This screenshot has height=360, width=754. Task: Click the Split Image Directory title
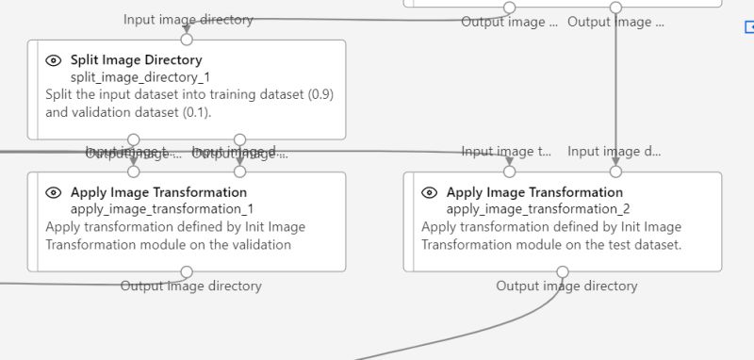point(136,59)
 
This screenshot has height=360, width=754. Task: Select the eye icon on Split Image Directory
point(54,60)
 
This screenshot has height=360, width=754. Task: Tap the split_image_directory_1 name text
point(128,76)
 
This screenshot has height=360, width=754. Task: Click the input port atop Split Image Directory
point(187,40)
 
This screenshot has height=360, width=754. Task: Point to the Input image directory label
point(188,19)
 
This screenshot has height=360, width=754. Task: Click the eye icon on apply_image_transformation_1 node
point(54,192)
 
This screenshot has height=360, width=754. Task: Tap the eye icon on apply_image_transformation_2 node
point(430,192)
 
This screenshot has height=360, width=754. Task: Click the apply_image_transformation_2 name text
point(537,208)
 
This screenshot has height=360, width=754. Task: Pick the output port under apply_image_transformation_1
point(187,272)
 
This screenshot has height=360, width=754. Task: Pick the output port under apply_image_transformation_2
point(563,272)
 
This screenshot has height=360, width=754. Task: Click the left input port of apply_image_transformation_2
point(510,172)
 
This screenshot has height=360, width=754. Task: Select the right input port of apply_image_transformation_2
point(615,172)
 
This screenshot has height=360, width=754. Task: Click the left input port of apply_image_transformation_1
point(134,172)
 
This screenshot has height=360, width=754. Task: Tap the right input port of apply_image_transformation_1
point(239,172)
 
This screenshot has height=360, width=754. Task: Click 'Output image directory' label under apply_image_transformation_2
point(566,286)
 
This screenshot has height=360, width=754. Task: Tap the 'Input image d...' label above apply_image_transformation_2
point(614,151)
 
